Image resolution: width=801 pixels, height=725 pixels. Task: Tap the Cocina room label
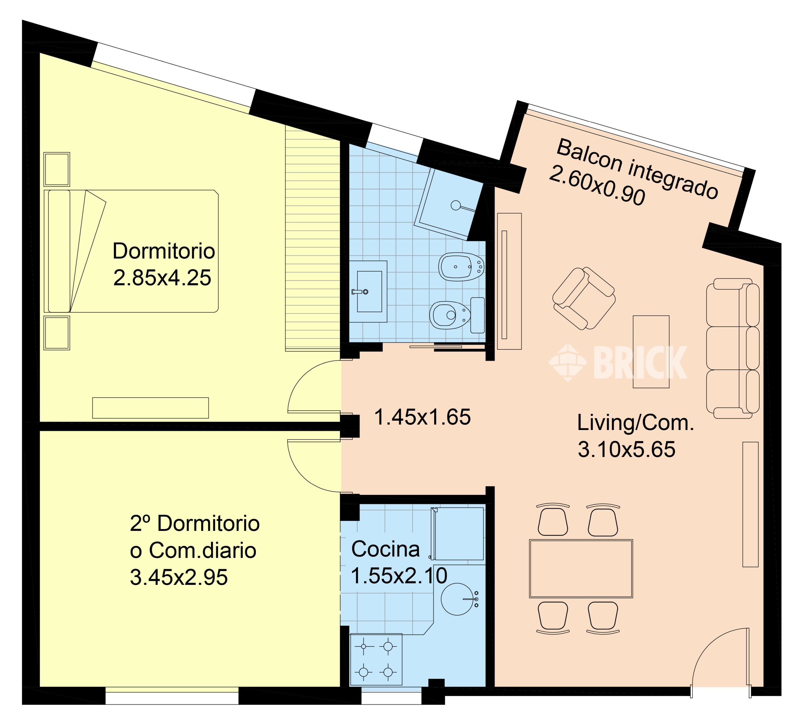coord(385,549)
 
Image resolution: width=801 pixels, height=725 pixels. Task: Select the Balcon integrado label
coord(638,169)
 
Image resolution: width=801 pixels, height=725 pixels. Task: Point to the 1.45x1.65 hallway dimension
coord(423,417)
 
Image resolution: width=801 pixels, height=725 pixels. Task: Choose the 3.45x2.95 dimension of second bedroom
coord(179,577)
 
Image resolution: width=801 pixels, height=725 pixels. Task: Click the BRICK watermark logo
coord(618,362)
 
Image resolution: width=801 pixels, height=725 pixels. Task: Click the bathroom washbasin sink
coord(368,291)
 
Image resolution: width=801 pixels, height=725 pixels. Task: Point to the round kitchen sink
coord(458,599)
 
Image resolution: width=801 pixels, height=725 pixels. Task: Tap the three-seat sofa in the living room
coord(733,348)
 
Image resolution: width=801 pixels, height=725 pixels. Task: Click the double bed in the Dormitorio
coord(131,251)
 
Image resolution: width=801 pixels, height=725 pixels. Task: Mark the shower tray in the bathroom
coord(449,203)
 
